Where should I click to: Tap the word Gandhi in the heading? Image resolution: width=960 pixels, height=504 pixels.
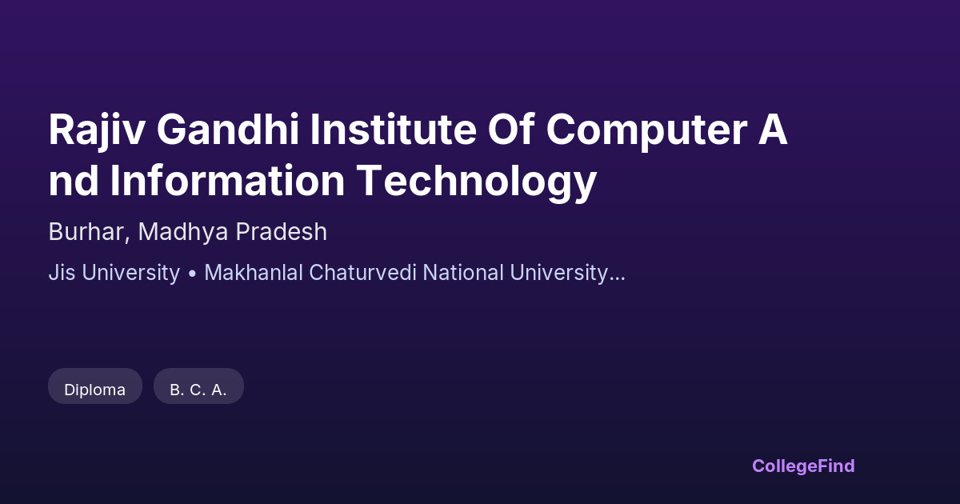point(228,130)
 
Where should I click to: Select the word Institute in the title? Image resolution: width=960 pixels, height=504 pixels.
point(393,130)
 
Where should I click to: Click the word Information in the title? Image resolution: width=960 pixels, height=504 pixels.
point(227,181)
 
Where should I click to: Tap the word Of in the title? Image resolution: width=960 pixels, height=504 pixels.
point(511,130)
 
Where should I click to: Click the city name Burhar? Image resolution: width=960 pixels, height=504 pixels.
point(89,232)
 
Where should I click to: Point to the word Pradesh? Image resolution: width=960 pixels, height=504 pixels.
point(281,232)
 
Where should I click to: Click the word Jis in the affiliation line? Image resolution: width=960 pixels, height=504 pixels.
point(62,273)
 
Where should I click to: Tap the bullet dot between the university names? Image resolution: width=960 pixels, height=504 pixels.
point(192,274)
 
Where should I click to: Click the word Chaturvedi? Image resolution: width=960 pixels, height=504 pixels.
point(362,273)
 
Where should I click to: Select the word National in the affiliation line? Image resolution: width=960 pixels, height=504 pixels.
point(463,273)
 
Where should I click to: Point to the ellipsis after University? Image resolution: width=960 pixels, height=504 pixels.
point(617,279)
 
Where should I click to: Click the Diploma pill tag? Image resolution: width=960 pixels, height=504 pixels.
point(95,386)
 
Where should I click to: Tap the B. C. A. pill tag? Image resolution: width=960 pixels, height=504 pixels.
point(199,386)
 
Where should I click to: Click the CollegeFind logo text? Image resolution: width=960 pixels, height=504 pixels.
point(803,466)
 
